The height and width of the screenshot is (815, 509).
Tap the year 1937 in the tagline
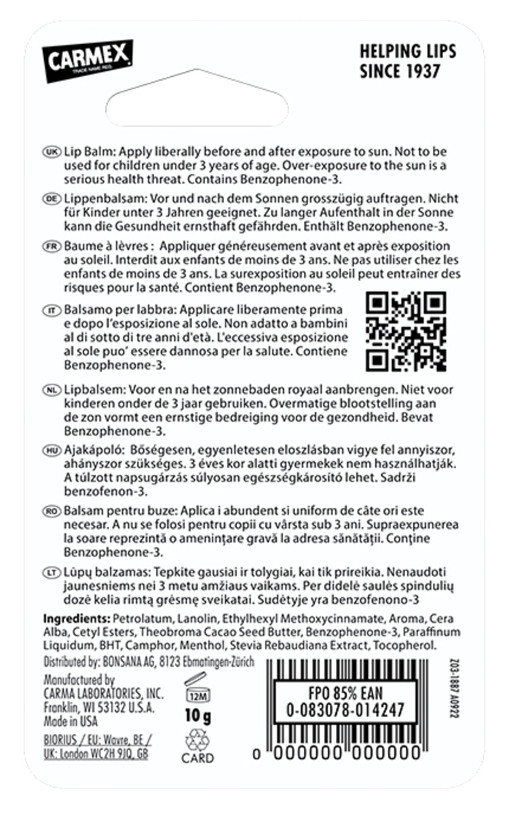(x=418, y=71)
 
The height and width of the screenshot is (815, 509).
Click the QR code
(x=406, y=331)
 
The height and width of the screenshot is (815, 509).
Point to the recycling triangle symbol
(x=197, y=740)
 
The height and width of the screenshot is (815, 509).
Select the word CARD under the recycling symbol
(x=197, y=758)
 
